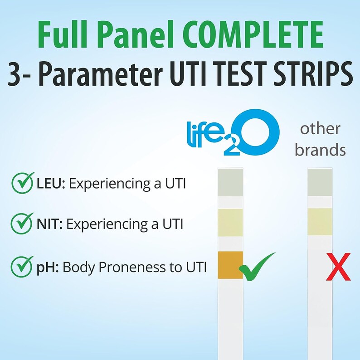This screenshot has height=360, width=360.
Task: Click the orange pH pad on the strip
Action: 230,264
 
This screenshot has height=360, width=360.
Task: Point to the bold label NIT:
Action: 47,224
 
